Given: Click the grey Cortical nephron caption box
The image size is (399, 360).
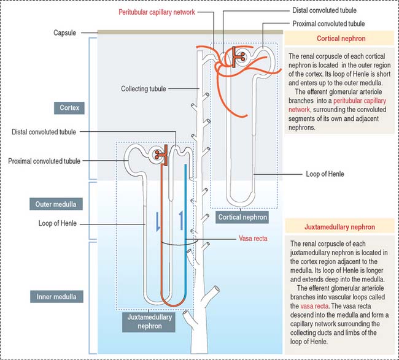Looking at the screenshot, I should (242, 216).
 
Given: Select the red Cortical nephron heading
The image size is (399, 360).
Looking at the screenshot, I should (341, 39).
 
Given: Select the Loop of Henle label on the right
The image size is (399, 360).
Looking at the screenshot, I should (325, 174).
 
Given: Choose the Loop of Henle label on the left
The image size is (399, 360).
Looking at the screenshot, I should (56, 223).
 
